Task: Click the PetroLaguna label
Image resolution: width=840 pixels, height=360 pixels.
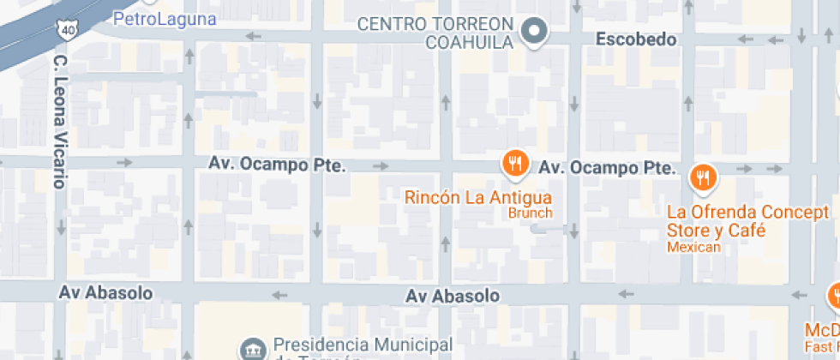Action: coord(165,17)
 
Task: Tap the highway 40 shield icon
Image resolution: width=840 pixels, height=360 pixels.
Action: coord(67,29)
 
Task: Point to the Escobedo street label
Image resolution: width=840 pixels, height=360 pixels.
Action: coord(636,39)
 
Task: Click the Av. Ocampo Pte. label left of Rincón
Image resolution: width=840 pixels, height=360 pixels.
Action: coord(277,164)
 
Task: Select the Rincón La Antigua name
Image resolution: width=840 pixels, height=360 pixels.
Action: coord(472,198)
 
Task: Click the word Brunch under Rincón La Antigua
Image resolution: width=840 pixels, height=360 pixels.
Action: coord(530,213)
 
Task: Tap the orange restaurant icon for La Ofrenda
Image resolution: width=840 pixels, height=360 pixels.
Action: coord(703,177)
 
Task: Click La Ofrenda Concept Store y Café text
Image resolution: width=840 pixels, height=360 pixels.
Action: coord(747,221)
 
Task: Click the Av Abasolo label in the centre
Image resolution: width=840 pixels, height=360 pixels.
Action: coord(453,296)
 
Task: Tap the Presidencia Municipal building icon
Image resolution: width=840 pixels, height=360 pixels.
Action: coord(253,348)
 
